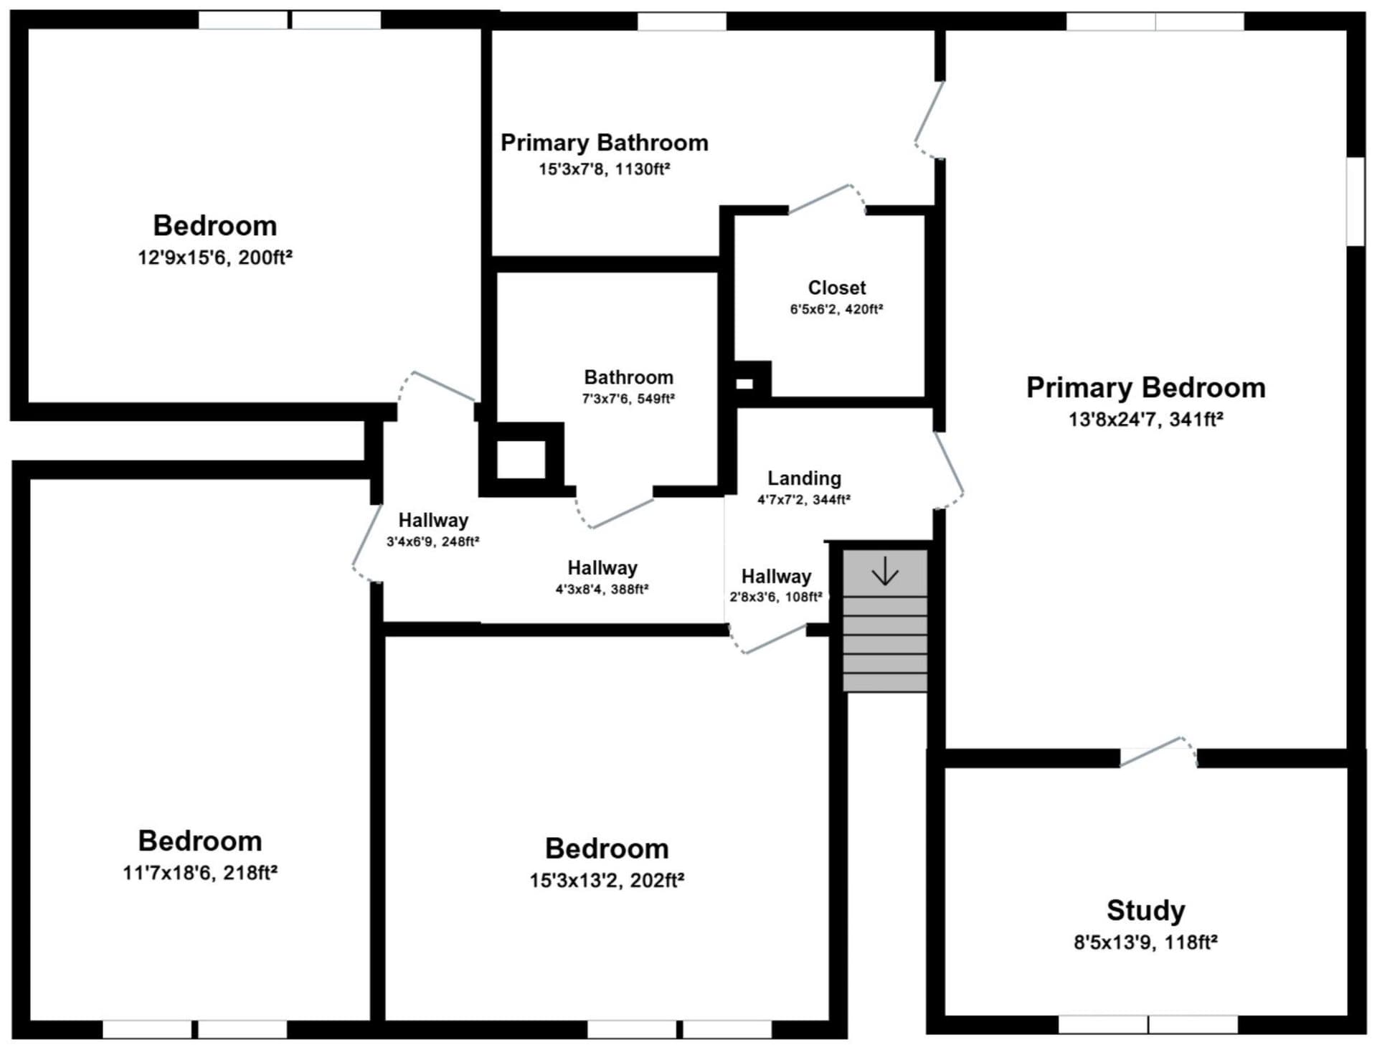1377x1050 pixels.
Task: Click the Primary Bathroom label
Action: point(604,143)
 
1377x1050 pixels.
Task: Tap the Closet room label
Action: point(836,288)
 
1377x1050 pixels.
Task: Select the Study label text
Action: point(1145,911)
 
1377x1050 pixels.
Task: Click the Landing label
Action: point(804,478)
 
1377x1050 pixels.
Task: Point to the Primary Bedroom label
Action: point(1145,388)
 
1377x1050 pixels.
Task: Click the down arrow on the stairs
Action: point(885,572)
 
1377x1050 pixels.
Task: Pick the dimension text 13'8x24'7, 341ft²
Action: point(1145,420)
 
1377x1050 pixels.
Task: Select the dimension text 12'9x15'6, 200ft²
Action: point(215,257)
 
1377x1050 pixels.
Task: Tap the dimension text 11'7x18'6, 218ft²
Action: point(200,873)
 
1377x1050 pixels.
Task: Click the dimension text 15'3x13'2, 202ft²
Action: point(607,880)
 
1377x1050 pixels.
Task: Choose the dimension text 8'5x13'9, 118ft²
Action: point(1145,942)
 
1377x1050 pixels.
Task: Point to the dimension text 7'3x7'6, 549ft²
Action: point(628,399)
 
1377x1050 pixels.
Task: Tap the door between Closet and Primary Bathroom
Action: point(827,199)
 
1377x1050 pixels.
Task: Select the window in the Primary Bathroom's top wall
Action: point(682,22)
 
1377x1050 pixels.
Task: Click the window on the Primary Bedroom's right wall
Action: point(1355,202)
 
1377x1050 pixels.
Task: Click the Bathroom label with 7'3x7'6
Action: point(628,377)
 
